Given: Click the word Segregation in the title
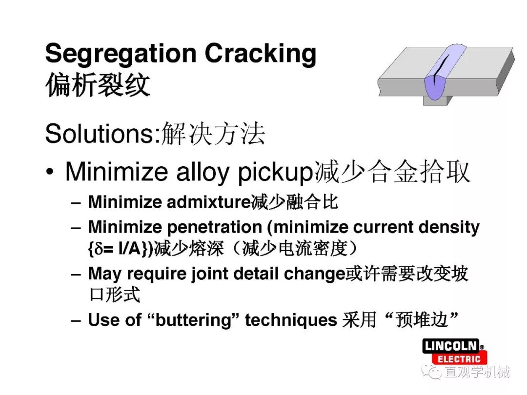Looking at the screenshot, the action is point(121,54).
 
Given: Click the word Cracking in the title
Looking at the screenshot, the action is point(261,54).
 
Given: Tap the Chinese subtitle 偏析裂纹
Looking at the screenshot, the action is point(98,85).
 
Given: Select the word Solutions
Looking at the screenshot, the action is point(102,134).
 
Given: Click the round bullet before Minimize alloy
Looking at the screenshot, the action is point(50,172).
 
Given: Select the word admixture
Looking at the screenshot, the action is point(209,202).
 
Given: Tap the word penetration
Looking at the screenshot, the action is point(214,227).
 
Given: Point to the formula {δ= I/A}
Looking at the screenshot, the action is point(118,249).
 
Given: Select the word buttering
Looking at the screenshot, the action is point(194,320).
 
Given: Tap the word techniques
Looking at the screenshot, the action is point(291,320).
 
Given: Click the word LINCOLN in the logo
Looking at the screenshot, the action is point(451,346).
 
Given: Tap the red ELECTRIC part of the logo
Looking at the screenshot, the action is point(459,359).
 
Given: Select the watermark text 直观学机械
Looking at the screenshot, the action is point(477,372).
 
